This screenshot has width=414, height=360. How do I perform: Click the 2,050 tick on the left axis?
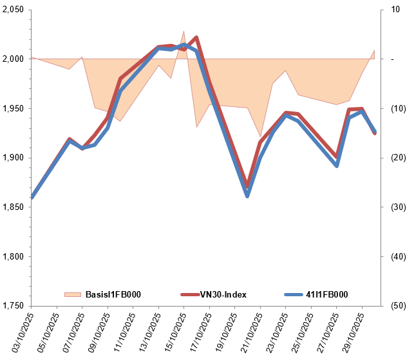coord(13,10)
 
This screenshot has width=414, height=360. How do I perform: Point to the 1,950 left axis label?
coord(13,109)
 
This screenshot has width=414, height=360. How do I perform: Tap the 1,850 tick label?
coord(13,207)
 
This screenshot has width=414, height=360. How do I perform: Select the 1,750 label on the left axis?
coord(13,306)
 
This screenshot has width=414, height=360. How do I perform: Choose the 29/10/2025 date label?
coord(352,332)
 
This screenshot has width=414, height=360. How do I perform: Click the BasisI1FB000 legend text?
coord(113,294)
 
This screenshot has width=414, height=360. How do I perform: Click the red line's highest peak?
coord(196,37)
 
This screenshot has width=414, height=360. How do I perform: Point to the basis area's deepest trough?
coord(260,137)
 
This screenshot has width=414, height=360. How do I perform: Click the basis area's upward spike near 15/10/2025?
coord(183,31)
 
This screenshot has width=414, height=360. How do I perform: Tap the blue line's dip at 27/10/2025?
coord(336,166)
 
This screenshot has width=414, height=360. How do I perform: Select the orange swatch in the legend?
coord(73,294)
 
